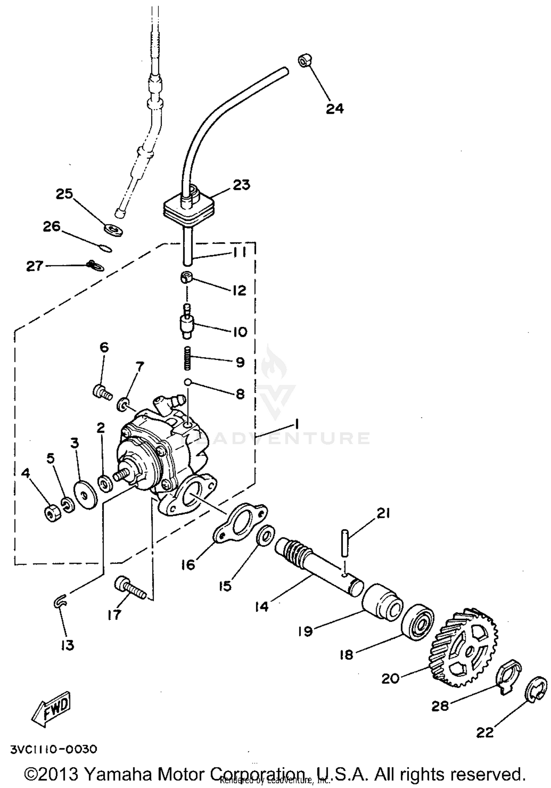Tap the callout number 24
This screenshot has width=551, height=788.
click(x=335, y=108)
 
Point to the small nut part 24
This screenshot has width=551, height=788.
click(x=305, y=60)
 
